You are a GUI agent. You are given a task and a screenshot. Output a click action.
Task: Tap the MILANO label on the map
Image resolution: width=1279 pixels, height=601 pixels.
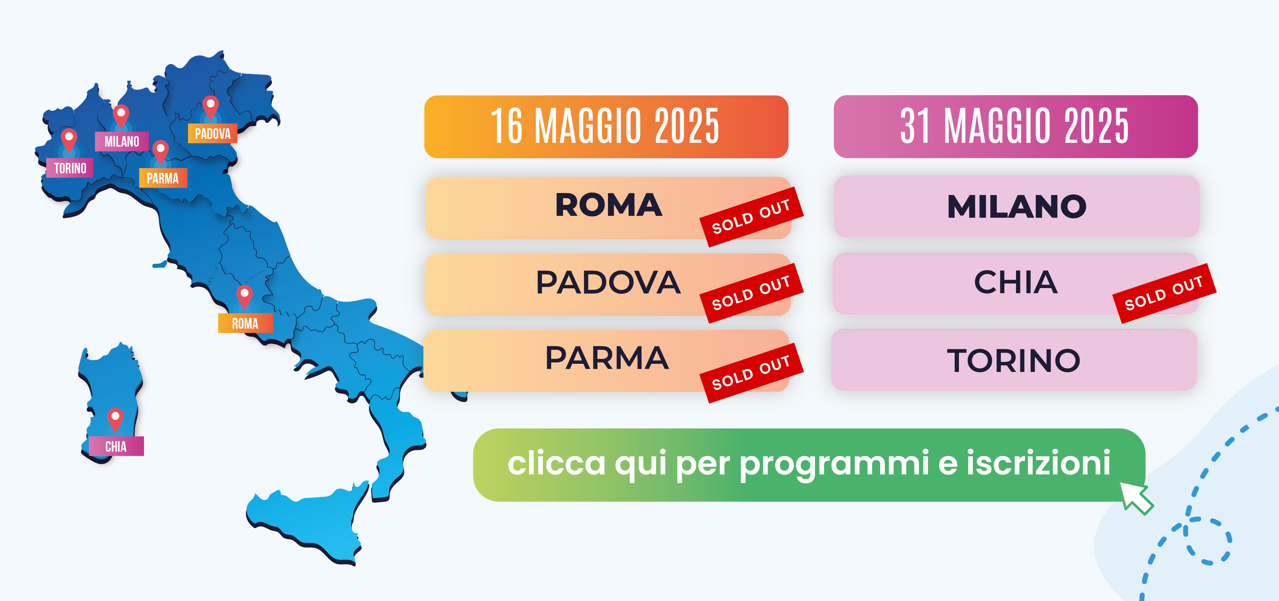(122, 141)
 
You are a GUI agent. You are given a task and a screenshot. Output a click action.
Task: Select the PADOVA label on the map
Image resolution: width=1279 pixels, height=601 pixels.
(212, 134)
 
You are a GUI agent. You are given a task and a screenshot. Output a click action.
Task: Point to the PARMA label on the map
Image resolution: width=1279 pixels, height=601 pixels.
(163, 178)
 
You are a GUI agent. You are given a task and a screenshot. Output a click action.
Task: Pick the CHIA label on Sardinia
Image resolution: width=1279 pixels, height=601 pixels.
(116, 446)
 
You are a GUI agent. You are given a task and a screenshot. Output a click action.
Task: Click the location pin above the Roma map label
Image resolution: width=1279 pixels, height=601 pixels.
(244, 297)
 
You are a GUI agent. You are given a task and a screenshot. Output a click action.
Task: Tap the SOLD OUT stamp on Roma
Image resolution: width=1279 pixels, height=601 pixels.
(751, 217)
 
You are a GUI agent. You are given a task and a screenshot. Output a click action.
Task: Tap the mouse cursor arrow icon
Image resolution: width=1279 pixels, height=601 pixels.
(1136, 498)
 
